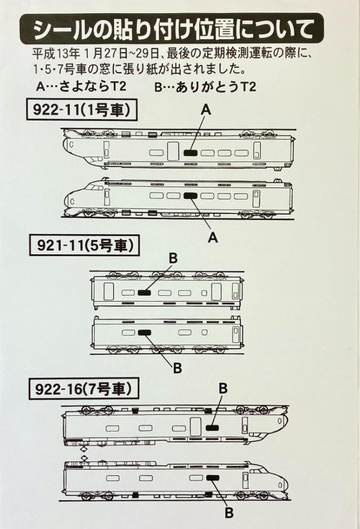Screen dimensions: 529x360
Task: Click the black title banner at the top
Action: (x=172, y=29)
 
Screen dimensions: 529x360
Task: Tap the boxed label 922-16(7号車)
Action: (x=84, y=389)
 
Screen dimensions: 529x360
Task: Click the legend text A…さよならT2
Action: (x=81, y=87)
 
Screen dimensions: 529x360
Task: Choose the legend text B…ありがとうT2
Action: (x=205, y=87)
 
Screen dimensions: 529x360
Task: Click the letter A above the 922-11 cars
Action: (x=206, y=110)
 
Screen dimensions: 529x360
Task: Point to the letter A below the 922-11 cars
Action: (x=212, y=237)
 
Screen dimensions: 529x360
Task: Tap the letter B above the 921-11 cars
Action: (x=173, y=258)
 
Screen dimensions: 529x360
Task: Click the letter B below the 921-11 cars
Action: (x=177, y=368)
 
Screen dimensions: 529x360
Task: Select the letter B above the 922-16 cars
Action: (x=223, y=388)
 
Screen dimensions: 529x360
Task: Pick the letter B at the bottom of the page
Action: (x=229, y=513)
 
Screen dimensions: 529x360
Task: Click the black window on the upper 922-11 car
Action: (x=191, y=153)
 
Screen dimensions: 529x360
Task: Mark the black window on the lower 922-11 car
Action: (x=191, y=196)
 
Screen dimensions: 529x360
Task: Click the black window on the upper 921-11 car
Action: (x=144, y=293)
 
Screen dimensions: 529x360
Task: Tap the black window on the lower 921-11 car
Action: (x=144, y=332)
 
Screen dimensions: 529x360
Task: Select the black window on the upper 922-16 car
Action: (x=212, y=428)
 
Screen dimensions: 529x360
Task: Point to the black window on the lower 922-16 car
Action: (x=212, y=478)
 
